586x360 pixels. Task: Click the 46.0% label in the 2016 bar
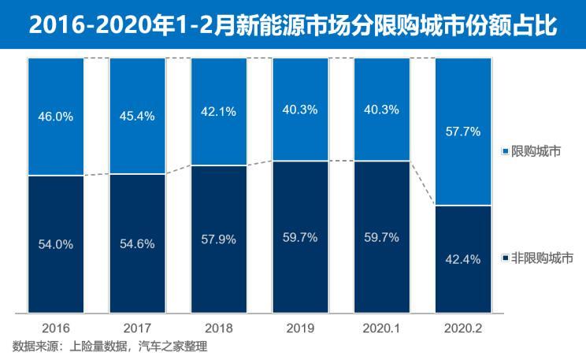(x=55, y=116)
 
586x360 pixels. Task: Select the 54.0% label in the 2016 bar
(x=55, y=244)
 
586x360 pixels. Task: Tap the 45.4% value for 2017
(x=137, y=116)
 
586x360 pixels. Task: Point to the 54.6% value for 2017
(x=137, y=244)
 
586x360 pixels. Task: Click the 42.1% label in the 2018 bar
(x=218, y=112)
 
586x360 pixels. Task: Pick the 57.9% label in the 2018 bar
(x=218, y=239)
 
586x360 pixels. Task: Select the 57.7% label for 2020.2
(x=462, y=132)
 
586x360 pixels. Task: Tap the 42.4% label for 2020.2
(x=462, y=259)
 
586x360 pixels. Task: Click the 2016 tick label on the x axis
(x=55, y=327)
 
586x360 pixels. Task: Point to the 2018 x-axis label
(x=218, y=327)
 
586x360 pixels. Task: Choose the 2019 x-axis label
(x=300, y=327)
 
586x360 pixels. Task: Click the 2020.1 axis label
(x=381, y=327)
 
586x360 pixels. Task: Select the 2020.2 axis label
(x=462, y=327)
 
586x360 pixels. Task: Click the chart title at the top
(x=293, y=25)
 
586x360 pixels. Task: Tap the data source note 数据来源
(x=109, y=346)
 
